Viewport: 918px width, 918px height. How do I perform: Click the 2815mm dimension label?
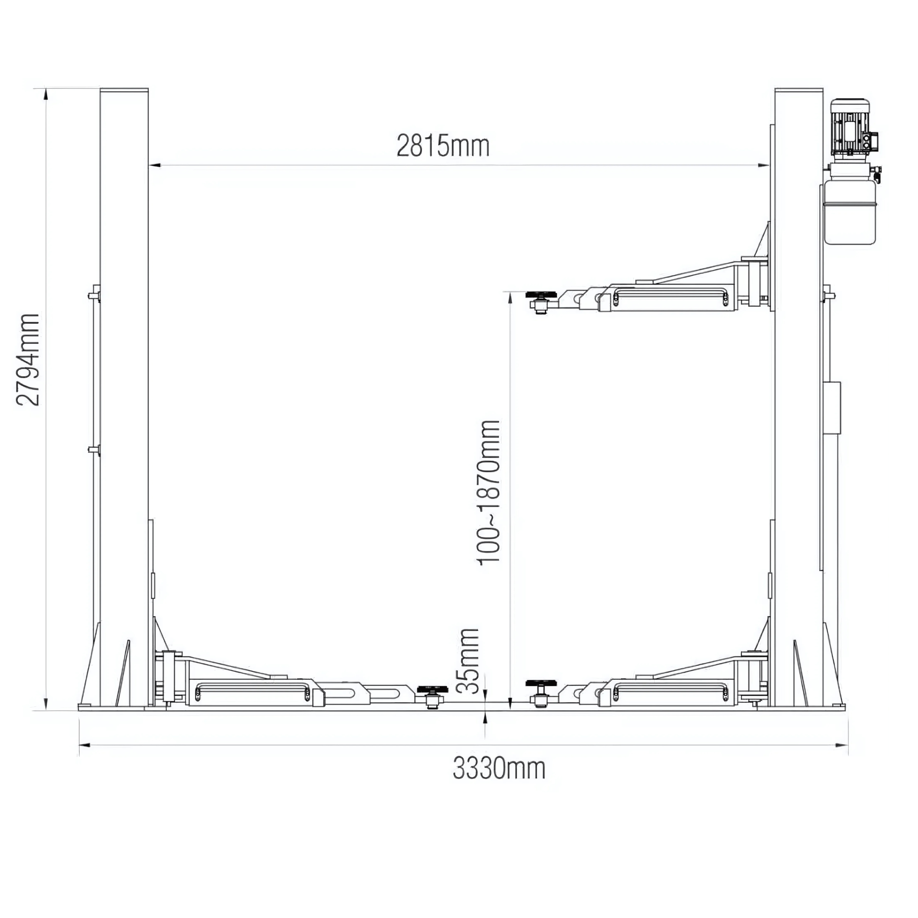coord(443,147)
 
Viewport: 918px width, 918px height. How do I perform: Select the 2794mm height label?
coord(28,359)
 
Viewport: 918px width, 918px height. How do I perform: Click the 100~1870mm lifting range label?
coord(490,492)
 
